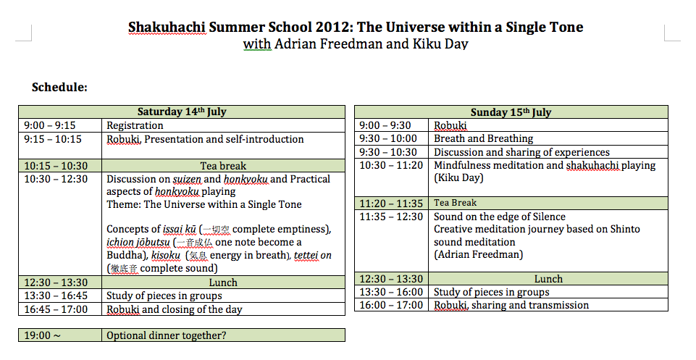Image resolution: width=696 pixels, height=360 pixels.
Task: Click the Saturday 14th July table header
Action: coord(182,112)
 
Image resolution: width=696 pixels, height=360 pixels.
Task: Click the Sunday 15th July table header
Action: coord(511,112)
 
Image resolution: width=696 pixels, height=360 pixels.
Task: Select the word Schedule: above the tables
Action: coord(59,87)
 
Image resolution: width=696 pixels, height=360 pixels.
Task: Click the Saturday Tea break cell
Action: coord(223,166)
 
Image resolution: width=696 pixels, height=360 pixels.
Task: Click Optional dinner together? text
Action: coord(167,335)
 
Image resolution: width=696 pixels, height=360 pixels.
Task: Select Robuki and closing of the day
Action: coord(175,309)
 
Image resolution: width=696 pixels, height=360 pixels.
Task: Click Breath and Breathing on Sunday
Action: coord(483,138)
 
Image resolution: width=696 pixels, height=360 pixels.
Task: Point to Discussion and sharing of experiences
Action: coord(521,152)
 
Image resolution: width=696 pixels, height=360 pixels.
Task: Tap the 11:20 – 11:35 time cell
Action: coord(391,204)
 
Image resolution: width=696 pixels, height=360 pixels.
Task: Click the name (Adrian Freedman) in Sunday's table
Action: coord(478,254)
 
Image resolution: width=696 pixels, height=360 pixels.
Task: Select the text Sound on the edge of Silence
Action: coord(499,217)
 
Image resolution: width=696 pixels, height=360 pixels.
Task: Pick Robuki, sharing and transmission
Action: coord(511,305)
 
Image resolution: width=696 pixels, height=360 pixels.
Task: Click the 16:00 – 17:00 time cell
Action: coord(391,305)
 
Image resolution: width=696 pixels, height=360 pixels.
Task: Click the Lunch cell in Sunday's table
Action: coord(548,279)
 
